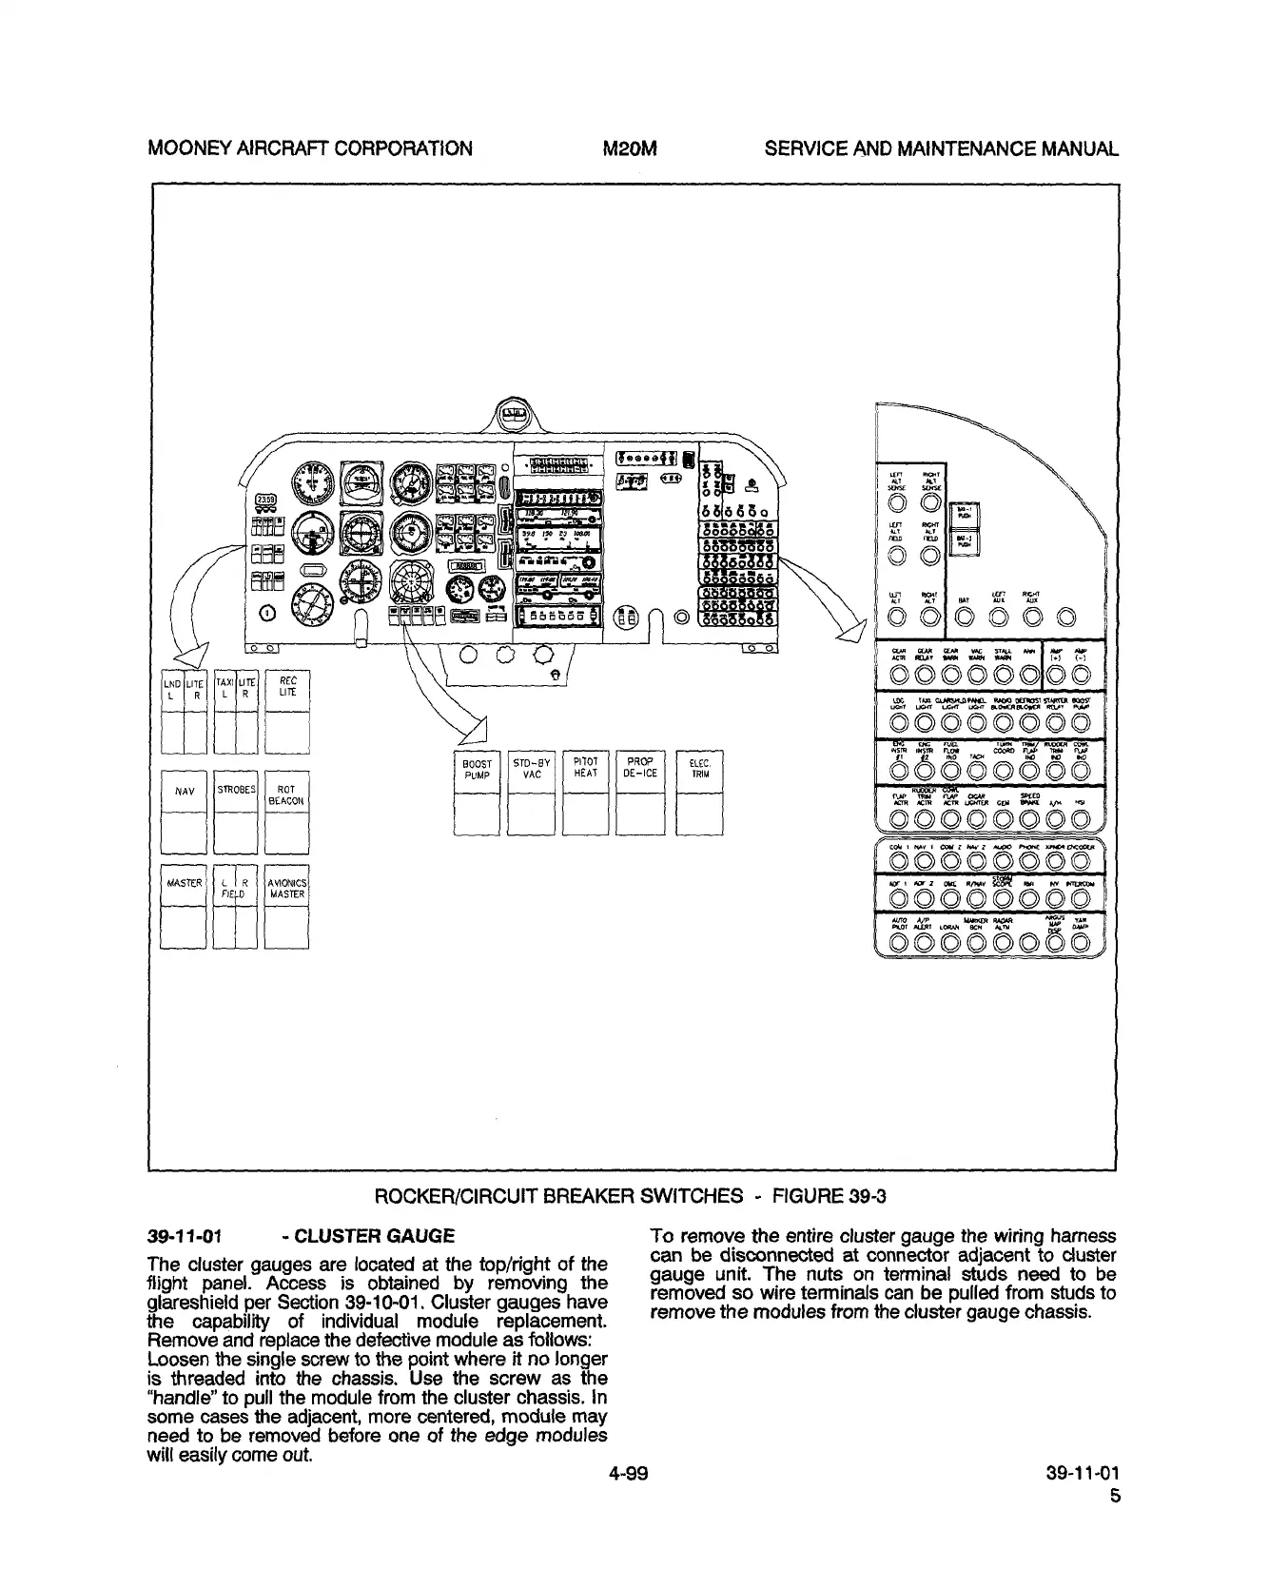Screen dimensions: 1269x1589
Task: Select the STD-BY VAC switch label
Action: pyautogui.click(x=532, y=769)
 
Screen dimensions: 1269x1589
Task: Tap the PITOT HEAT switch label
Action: pyautogui.click(x=586, y=768)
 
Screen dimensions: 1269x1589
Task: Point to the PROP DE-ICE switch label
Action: pyautogui.click(x=640, y=768)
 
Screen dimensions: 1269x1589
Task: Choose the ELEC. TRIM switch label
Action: pyautogui.click(x=700, y=769)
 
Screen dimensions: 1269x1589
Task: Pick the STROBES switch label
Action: pyautogui.click(x=235, y=790)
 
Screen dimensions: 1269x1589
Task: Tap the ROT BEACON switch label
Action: pyautogui.click(x=286, y=795)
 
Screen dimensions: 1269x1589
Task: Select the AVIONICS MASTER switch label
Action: pyautogui.click(x=286, y=888)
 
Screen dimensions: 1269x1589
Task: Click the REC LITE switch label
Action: pyautogui.click(x=287, y=687)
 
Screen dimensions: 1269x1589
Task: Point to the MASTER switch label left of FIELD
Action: pyautogui.click(x=183, y=883)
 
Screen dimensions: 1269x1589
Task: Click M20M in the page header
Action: pyautogui.click(x=631, y=148)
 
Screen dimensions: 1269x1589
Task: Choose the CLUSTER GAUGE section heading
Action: pyautogui.click(x=375, y=1237)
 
